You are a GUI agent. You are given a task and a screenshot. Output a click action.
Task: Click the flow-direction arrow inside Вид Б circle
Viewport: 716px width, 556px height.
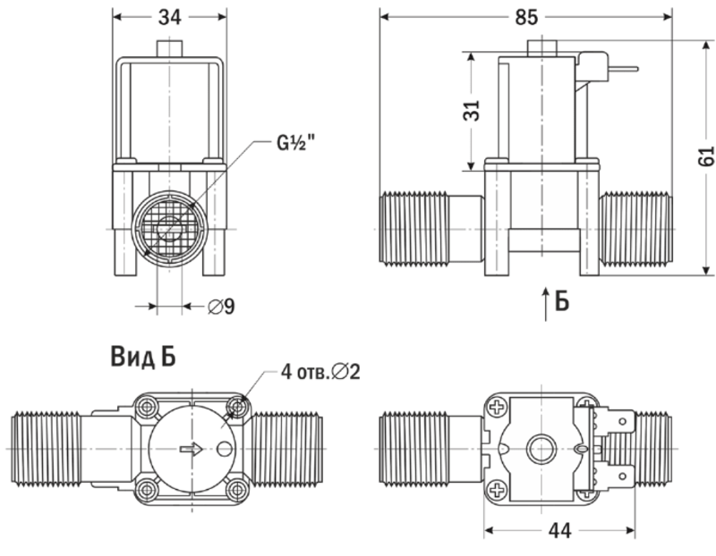point(191,449)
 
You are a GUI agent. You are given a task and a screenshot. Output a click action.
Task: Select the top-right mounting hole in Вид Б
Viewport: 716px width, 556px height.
point(236,408)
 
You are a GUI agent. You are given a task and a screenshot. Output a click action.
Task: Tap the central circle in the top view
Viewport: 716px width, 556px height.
point(541,447)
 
